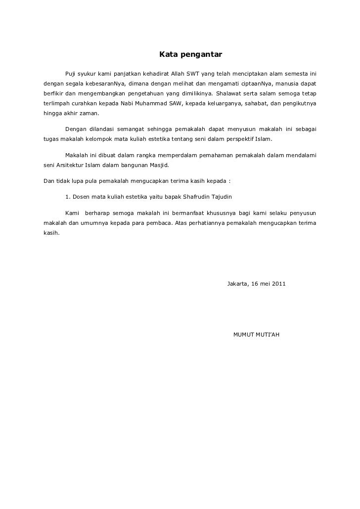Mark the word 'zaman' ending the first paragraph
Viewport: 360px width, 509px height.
point(89,113)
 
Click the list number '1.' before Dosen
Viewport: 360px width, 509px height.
point(68,197)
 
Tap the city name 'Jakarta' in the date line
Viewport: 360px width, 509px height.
point(237,284)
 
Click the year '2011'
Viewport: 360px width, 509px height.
point(278,284)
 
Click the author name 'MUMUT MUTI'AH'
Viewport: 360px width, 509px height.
point(256,335)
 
